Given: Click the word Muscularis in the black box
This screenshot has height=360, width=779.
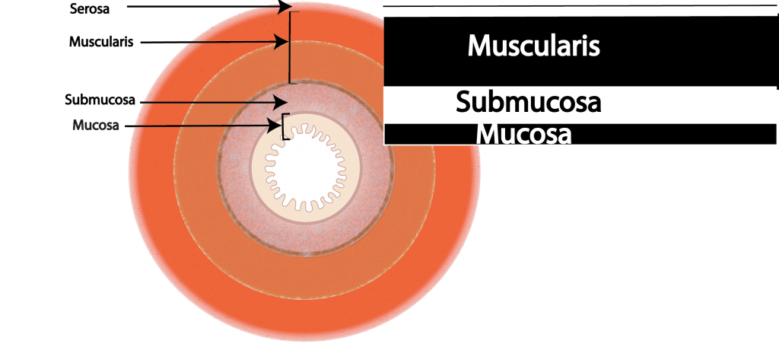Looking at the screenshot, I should pyautogui.click(x=533, y=46).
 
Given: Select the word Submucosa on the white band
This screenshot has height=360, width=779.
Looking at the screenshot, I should pyautogui.click(x=529, y=103).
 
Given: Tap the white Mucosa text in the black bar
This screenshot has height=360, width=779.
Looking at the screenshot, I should pyautogui.click(x=523, y=135).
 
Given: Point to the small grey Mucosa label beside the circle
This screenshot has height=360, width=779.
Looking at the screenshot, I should pyautogui.click(x=95, y=125).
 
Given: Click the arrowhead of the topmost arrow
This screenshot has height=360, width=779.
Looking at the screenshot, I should pyautogui.click(x=286, y=7).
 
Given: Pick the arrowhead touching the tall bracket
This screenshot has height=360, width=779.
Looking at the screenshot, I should pyautogui.click(x=283, y=40).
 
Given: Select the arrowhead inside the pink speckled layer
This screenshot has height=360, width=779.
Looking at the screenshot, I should pyautogui.click(x=281, y=102).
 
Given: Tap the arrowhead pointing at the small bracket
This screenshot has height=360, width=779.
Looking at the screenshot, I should pyautogui.click(x=277, y=124).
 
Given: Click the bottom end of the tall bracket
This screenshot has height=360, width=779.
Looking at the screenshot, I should pyautogui.click(x=289, y=82).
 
